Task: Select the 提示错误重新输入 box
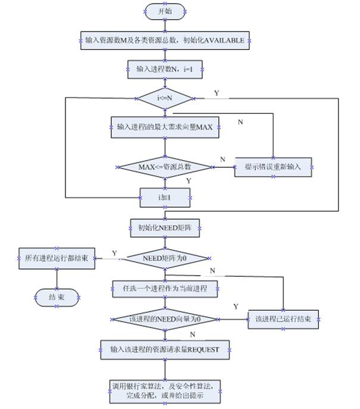point(273,167)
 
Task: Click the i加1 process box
point(165,196)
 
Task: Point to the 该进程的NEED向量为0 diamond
point(165,320)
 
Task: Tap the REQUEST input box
point(165,349)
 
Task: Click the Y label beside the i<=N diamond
point(216,93)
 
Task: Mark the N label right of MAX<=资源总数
point(223,159)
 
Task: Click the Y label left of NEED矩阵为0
point(113,252)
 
